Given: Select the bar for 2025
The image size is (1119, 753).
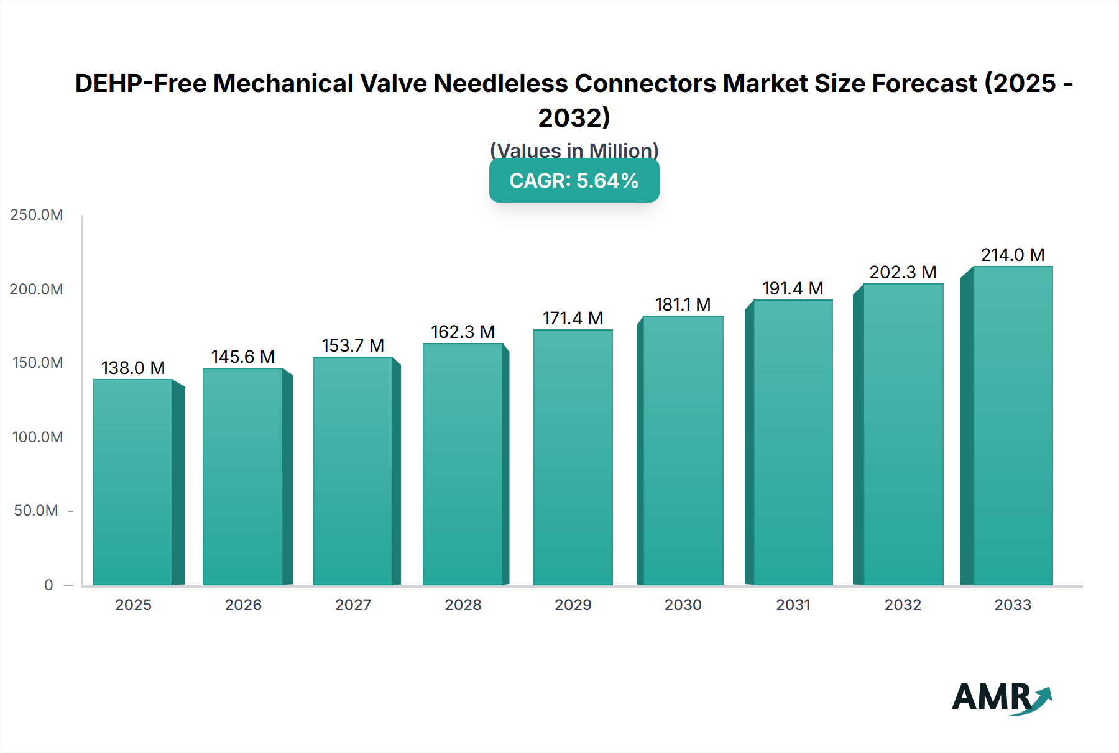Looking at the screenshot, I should point(133,482).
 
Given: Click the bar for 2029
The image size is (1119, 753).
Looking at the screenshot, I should point(573,457).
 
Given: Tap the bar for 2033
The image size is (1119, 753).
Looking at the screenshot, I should point(1013,426).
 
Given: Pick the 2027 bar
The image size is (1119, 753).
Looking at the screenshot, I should point(352,471).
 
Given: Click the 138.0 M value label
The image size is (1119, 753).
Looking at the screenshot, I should point(133,368).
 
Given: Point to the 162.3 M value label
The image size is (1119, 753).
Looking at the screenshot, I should point(463,332).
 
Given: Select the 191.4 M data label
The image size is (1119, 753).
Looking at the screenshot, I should point(793,288).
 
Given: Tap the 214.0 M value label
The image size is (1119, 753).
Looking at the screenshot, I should point(1013,255).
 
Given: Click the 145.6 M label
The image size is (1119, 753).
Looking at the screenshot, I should point(243,357).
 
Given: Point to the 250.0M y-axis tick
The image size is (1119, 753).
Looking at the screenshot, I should point(37,215).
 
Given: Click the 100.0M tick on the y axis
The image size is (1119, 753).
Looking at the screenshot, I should point(37,437).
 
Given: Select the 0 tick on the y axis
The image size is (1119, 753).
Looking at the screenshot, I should point(48,585).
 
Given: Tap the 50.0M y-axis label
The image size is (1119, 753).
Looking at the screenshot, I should point(36,511).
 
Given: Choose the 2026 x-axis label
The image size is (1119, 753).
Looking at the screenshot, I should point(243,605).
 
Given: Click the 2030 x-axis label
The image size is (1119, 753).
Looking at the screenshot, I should point(683,605).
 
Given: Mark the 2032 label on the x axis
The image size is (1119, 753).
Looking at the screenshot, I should point(903,605).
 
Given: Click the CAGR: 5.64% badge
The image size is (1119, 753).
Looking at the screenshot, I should point(574,181).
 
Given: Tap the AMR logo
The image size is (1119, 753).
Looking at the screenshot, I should point(1001,698).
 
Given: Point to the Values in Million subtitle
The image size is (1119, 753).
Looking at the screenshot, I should point(574,150).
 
